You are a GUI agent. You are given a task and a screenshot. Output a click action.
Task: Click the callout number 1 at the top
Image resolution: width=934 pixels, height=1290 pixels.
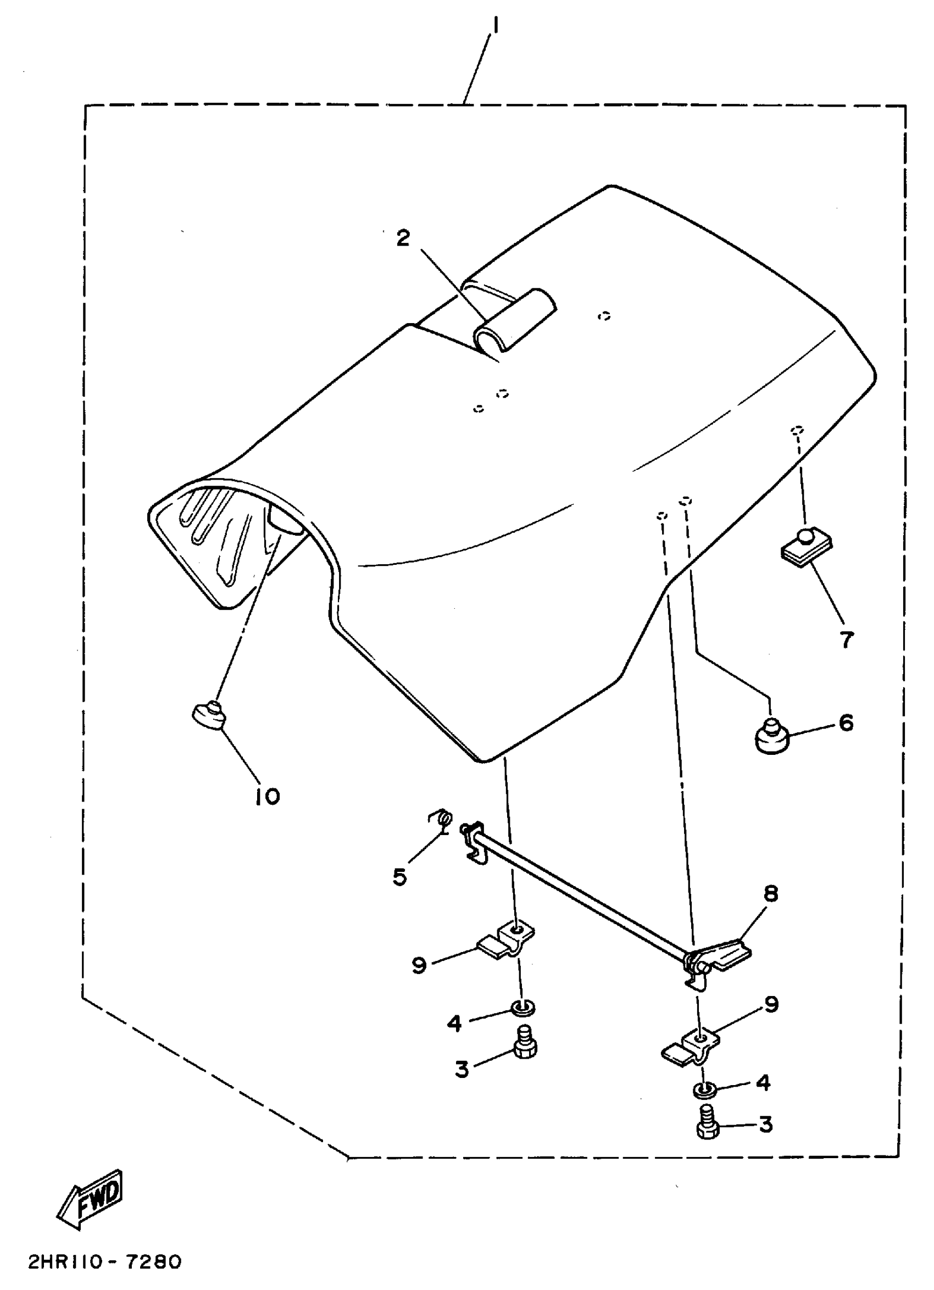click(x=496, y=26)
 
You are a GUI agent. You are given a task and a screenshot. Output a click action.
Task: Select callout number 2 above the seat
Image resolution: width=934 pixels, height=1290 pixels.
click(x=403, y=238)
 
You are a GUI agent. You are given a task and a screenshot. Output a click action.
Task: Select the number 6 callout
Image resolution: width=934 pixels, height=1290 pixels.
click(x=846, y=723)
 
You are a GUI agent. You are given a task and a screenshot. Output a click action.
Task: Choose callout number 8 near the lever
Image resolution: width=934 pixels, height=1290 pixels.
click(x=771, y=893)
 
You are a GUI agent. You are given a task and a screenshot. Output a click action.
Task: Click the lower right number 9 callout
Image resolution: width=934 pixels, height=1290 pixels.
click(x=771, y=1004)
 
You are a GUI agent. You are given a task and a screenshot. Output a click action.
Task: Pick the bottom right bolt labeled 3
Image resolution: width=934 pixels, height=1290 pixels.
click(x=706, y=1123)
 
